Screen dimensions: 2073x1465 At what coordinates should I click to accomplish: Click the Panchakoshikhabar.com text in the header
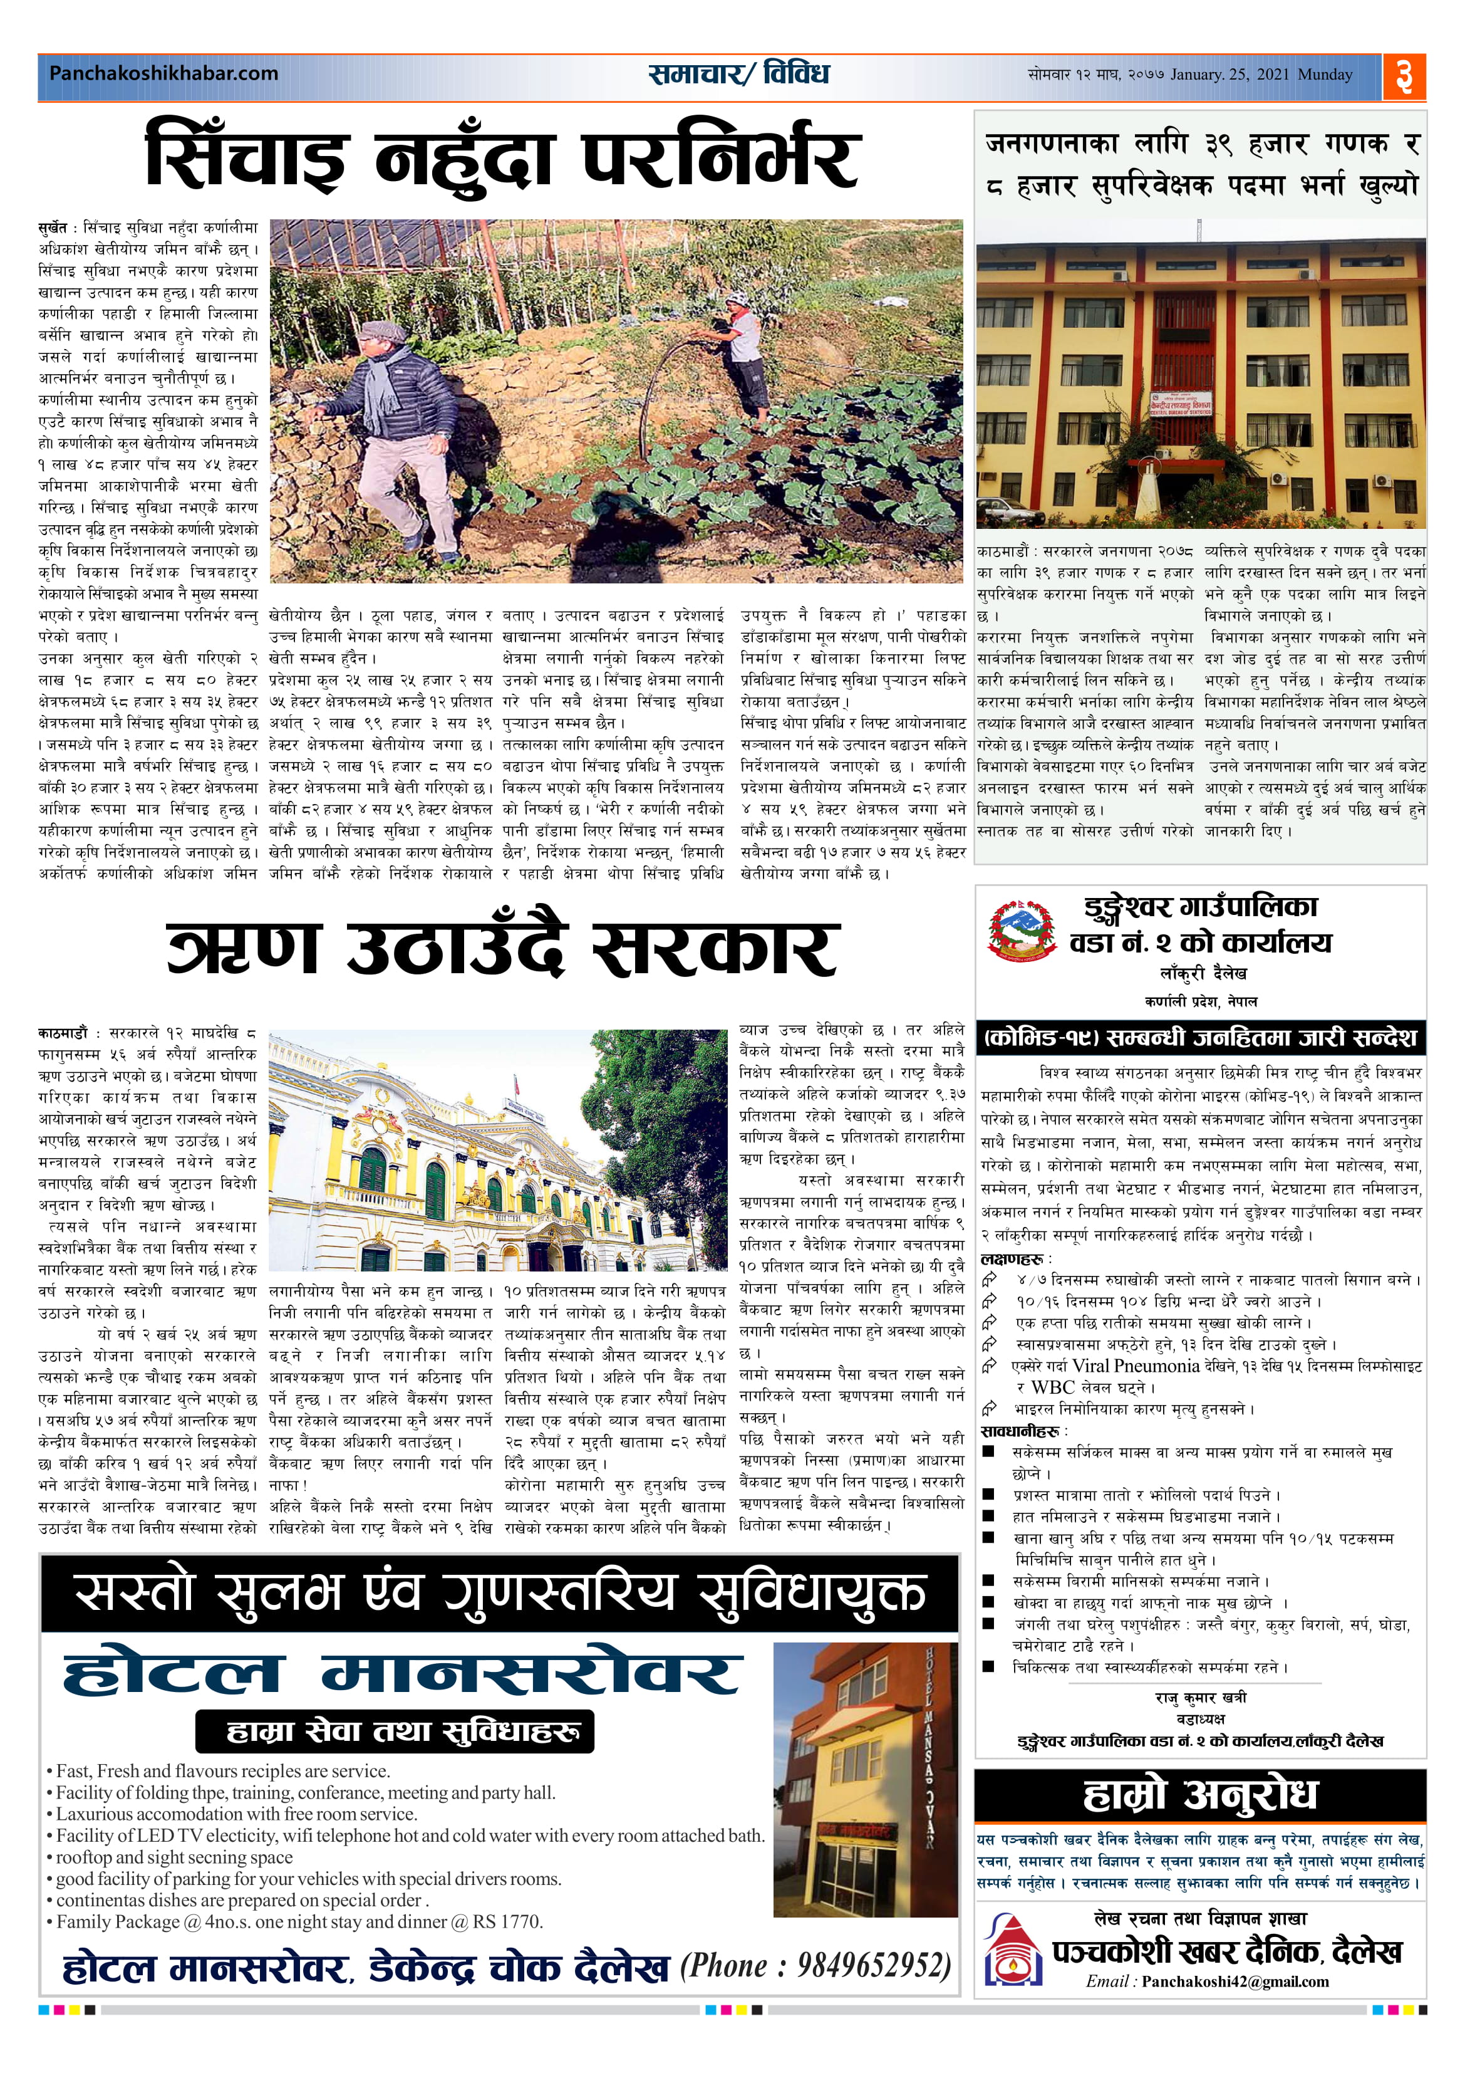pyautogui.click(x=163, y=73)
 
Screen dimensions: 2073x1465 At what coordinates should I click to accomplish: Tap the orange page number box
pyautogui.click(x=1404, y=76)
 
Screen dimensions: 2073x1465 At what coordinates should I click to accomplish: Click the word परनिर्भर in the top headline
pyautogui.click(x=720, y=157)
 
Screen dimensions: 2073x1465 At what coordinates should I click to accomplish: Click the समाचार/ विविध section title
pyautogui.click(x=738, y=73)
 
